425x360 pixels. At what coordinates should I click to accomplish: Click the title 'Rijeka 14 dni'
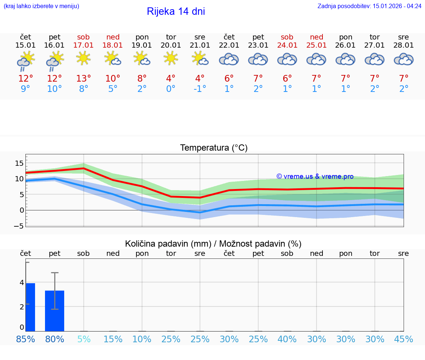point(176,11)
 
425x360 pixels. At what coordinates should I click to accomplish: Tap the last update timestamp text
point(369,6)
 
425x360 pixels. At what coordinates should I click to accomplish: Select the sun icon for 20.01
point(170,58)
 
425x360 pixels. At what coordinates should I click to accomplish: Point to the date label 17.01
point(83,45)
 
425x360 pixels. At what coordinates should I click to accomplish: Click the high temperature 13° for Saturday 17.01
point(83,78)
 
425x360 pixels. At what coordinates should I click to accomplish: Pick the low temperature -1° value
point(200,89)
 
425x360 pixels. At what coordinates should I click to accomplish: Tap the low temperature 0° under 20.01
point(170,89)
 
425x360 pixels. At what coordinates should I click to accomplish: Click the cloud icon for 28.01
point(404,59)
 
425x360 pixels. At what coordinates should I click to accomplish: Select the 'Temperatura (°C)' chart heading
point(214,148)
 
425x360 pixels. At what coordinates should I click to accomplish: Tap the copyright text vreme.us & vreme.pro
point(315,176)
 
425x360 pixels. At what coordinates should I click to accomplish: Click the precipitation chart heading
point(213,244)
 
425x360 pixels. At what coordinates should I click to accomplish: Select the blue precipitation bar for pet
point(55,311)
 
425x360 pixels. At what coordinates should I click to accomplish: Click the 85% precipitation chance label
point(25,339)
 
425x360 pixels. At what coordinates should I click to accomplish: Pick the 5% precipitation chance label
point(84,339)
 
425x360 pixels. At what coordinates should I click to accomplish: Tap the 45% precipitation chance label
point(404,339)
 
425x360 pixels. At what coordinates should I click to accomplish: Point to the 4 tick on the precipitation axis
point(22,282)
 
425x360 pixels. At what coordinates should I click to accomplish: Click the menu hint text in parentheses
point(41,6)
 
